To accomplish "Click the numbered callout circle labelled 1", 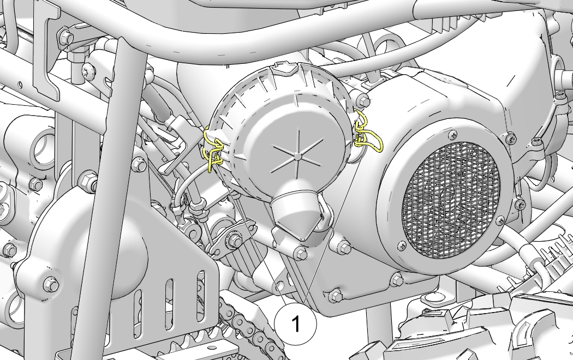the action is [295, 323].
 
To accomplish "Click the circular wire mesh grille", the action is [450, 200].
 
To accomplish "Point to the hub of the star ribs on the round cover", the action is [298, 157].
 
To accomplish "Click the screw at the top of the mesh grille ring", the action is [452, 135].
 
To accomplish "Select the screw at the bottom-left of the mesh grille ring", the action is [402, 245].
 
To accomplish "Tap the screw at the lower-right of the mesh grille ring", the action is [500, 220].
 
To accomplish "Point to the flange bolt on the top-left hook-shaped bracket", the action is [66, 37].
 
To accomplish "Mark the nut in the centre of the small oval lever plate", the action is [234, 241].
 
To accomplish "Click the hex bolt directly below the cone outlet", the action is [300, 253].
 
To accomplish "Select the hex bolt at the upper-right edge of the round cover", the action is [362, 99].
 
